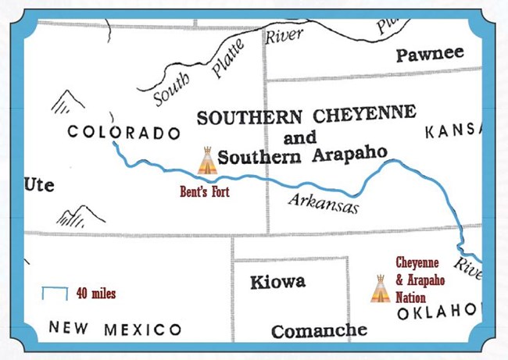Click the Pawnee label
coord(429,54)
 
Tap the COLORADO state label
coord(123,133)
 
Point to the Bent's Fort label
coord(205,191)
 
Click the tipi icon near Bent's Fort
coord(206,161)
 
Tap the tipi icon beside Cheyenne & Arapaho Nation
coord(380,289)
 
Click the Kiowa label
coord(277,282)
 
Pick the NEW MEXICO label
coord(115,329)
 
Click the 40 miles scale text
coord(96,294)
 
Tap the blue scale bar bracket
coord(55,293)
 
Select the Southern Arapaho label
coord(302,155)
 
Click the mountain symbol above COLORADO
coord(69,102)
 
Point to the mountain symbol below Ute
coord(82,216)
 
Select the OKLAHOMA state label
coord(436,312)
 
